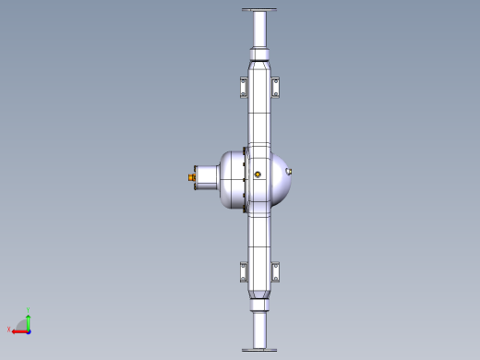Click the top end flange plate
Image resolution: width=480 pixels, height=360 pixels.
259,10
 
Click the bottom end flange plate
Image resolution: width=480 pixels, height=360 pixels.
259,349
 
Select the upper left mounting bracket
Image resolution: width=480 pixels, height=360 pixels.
244,88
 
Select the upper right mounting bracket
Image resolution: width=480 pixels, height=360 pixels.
275,88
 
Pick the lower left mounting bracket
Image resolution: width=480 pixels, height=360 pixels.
244,272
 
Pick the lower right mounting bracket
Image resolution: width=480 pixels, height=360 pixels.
275,272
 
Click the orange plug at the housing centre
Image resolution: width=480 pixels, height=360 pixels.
257,174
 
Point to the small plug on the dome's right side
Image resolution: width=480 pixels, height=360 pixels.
291,171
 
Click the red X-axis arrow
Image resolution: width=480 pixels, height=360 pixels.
18,330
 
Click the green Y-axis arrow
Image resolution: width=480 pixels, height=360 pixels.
29,320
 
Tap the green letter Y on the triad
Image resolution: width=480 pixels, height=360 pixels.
29,310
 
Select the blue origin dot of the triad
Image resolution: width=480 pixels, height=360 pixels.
29,330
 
